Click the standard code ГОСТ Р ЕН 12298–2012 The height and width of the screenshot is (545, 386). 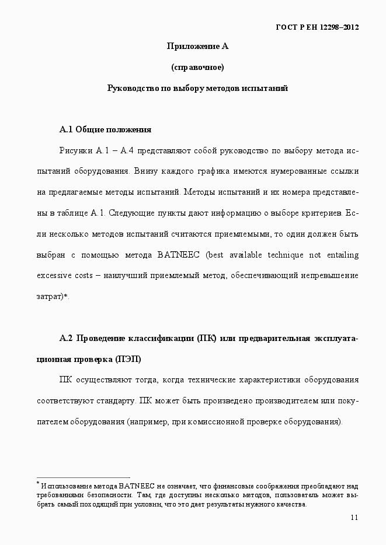point(317,27)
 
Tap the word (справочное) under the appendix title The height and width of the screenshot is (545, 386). point(197,68)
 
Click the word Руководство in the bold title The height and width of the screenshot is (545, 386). point(131,89)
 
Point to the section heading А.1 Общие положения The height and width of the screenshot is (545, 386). point(105,129)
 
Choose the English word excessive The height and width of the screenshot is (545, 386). point(54,276)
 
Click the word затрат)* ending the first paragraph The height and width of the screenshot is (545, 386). point(53,297)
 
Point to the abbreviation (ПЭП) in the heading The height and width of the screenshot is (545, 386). point(128,359)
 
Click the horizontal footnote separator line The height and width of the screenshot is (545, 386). point(83,477)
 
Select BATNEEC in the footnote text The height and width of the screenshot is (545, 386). point(137,486)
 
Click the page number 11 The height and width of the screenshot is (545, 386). point(354,518)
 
